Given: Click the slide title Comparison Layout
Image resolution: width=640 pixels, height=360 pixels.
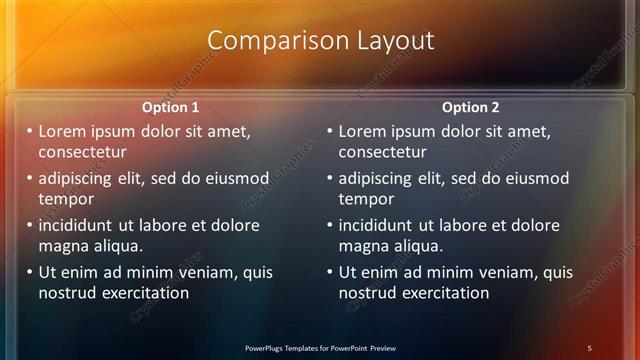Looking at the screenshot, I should [320, 40].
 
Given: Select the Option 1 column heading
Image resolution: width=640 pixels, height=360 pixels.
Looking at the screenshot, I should [170, 107].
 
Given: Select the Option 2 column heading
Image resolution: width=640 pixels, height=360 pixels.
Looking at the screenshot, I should [470, 107].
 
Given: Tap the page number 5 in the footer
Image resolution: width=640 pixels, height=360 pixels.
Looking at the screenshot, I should [589, 348].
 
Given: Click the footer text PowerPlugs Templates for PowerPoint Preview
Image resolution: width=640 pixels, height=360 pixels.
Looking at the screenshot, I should [320, 348].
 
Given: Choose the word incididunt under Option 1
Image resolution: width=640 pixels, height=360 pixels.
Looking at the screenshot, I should [78, 225].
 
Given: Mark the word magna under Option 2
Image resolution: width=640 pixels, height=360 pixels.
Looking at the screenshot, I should [362, 246].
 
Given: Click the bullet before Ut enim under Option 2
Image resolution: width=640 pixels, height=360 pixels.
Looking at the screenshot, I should [330, 272].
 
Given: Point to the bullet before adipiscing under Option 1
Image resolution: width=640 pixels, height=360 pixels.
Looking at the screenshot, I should [30, 178].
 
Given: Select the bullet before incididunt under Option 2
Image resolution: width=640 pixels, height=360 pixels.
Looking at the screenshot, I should [330, 225].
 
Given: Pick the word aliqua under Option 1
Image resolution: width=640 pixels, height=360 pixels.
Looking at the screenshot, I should [116, 246].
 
